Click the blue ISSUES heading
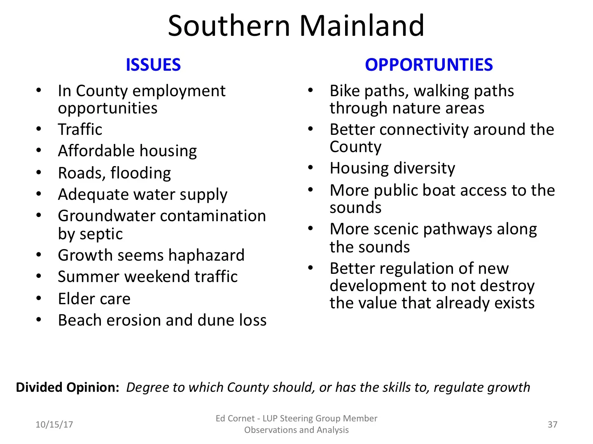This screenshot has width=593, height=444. (153, 65)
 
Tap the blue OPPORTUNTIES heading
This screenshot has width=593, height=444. (429, 65)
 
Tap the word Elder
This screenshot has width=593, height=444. (76, 299)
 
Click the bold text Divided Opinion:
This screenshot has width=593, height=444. (68, 387)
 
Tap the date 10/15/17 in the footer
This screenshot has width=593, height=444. (54, 424)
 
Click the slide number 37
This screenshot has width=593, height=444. (552, 424)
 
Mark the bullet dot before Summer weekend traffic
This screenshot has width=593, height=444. (39, 277)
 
